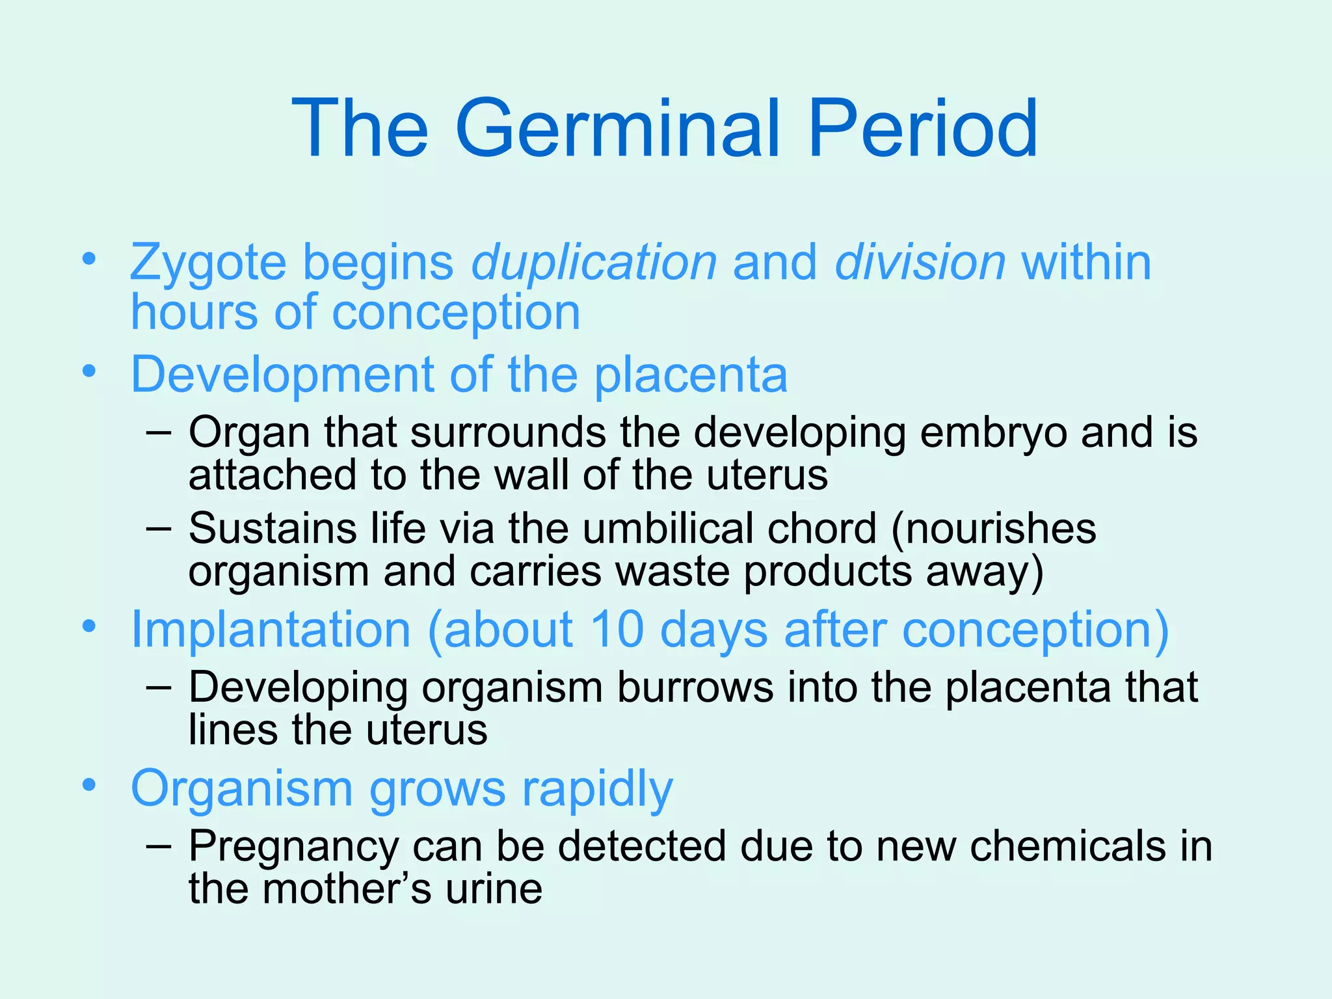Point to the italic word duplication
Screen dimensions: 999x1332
[x=594, y=262]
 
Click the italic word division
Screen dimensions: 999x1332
[x=920, y=262]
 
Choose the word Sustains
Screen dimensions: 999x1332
[x=273, y=527]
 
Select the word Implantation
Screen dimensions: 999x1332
[x=271, y=629]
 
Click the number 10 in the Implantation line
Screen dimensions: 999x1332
[x=617, y=629]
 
